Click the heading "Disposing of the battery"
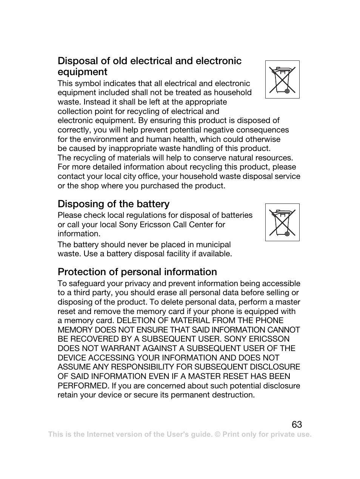pos(114,204)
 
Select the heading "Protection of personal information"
pos(137,272)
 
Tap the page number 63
pos(297,425)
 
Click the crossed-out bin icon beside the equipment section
pos(282,80)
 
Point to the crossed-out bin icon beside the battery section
pos(282,222)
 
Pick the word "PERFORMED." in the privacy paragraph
pos(83,386)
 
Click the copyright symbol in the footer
pos(217,434)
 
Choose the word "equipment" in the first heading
pos(83,72)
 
